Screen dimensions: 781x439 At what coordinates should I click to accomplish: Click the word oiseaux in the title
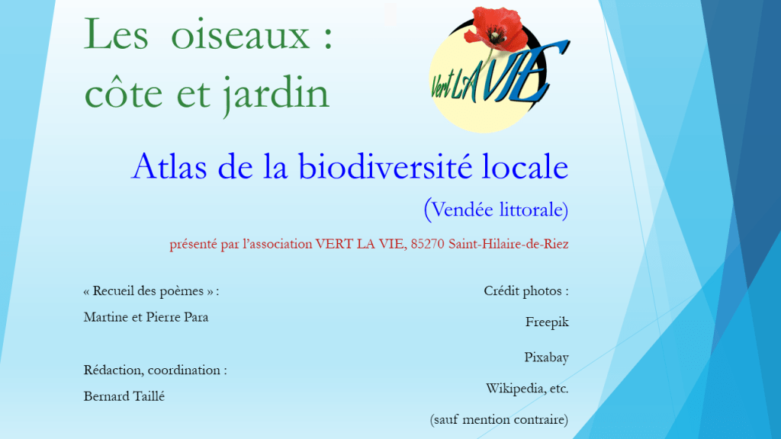[x=240, y=35]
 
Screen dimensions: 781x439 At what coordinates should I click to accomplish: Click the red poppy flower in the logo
[x=496, y=30]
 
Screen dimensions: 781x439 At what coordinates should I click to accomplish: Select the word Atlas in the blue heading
[x=169, y=166]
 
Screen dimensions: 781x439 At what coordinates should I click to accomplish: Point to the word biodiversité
[x=384, y=166]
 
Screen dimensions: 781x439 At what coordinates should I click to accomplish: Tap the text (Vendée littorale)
[x=496, y=210]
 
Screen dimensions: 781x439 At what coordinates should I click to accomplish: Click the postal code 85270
[x=427, y=244]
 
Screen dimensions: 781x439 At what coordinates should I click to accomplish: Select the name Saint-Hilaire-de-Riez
[x=509, y=244]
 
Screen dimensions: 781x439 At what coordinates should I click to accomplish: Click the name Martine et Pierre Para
[x=146, y=317]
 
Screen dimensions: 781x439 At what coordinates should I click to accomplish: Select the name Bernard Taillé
[x=124, y=396]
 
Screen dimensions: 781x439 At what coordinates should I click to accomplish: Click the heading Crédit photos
[x=526, y=290]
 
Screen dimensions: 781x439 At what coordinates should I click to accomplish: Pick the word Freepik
[x=547, y=322]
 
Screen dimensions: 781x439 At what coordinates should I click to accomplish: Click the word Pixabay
[x=546, y=357]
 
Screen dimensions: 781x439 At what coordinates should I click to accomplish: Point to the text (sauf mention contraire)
[x=499, y=420]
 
